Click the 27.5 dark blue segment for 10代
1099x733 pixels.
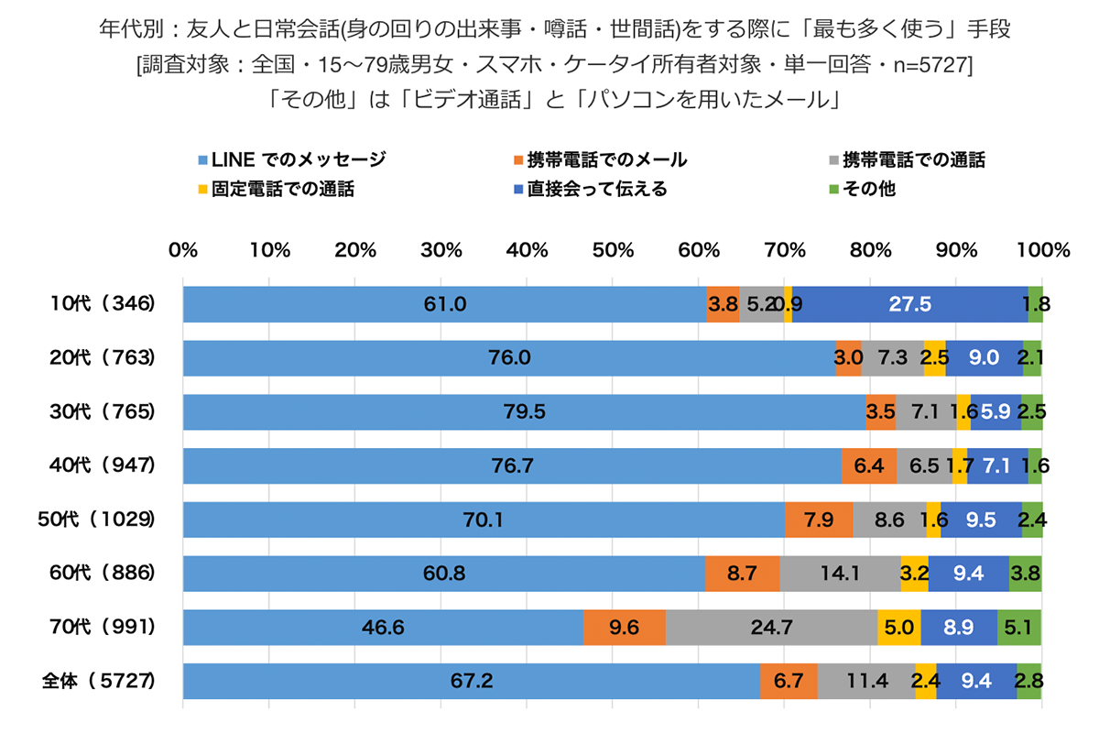coord(910,304)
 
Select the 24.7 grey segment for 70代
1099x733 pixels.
coord(771,628)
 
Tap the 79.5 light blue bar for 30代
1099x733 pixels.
coord(524,411)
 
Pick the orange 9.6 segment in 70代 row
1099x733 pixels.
coord(624,628)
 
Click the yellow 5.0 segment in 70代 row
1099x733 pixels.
coord(898,628)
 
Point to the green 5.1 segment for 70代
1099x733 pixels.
coord(1019,628)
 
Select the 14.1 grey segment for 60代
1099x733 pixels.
coord(840,574)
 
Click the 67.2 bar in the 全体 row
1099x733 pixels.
coord(472,682)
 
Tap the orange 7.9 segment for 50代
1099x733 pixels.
coord(819,520)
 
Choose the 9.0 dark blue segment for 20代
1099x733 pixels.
coord(984,358)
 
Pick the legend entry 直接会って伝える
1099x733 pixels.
coord(596,190)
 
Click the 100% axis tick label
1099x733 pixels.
coord(1042,249)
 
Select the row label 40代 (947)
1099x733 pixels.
coord(102,465)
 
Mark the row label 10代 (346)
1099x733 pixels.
coord(102,304)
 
